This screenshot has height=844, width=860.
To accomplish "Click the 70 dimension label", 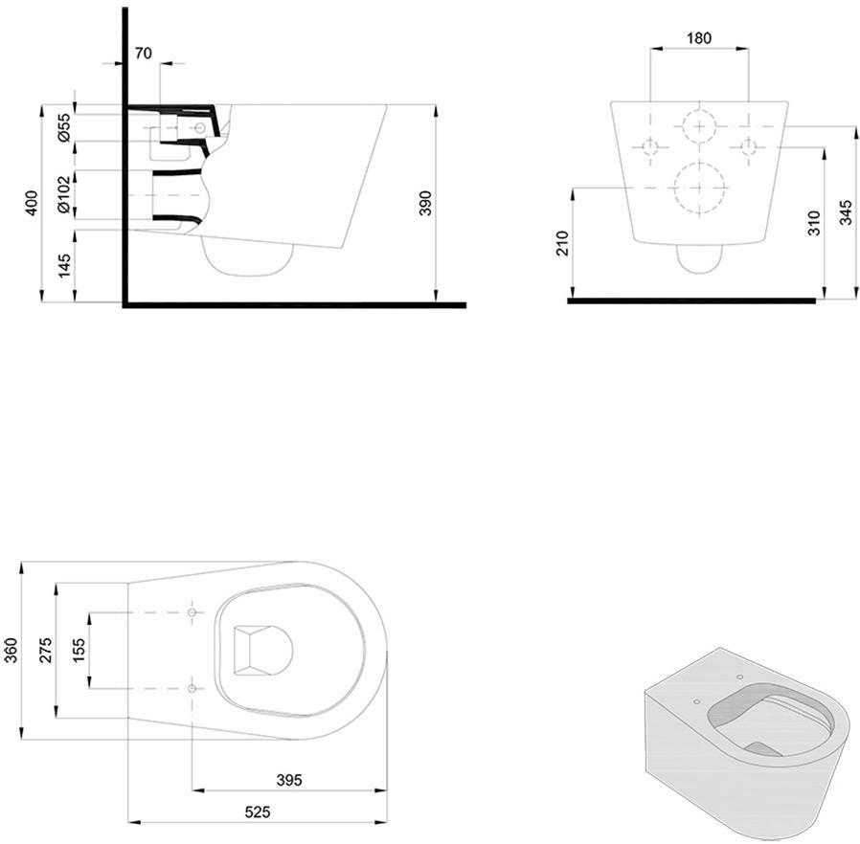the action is tap(143, 54).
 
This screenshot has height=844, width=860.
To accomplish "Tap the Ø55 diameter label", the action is tap(64, 127).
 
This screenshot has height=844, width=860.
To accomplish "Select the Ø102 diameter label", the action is tap(64, 194).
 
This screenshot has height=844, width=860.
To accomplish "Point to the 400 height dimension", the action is tap(33, 203).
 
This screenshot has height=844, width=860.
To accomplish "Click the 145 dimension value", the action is tap(64, 265).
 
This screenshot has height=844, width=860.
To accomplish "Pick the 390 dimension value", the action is tap(426, 203).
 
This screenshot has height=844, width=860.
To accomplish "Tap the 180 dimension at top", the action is tap(699, 38).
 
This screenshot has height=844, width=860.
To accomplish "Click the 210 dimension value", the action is tap(563, 243).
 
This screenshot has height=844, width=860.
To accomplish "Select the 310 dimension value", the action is tap(814, 223).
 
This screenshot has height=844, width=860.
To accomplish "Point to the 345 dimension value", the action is tap(847, 212).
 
